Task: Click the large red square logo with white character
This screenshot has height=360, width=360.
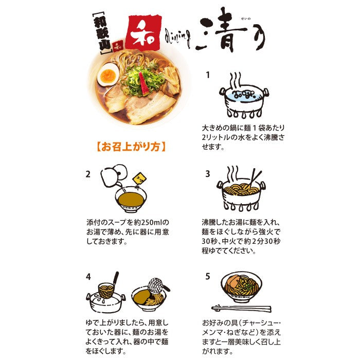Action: pyautogui.click(x=143, y=32)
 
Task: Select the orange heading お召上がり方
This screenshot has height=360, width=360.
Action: pyautogui.click(x=131, y=147)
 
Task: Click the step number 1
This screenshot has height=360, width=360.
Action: pyautogui.click(x=208, y=75)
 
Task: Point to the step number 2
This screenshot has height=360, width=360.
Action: pyautogui.click(x=88, y=174)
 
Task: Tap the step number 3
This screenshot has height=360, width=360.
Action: pyautogui.click(x=208, y=174)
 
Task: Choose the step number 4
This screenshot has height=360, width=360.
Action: pyautogui.click(x=88, y=277)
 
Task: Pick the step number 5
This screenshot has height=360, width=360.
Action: pyautogui.click(x=208, y=276)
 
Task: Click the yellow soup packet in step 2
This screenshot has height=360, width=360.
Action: pyautogui.click(x=140, y=178)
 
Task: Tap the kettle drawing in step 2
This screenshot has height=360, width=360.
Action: pyautogui.click(x=114, y=176)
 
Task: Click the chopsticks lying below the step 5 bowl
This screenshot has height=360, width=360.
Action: pyautogui.click(x=241, y=309)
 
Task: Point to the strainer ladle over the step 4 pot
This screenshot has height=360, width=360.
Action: pyautogui.click(x=109, y=286)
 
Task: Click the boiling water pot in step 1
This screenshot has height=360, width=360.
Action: pyautogui.click(x=244, y=100)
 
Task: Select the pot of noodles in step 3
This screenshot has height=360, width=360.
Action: pyautogui.click(x=241, y=193)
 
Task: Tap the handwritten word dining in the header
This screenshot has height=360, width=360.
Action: pyautogui.click(x=177, y=39)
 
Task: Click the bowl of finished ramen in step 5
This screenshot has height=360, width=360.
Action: pyautogui.click(x=241, y=287)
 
